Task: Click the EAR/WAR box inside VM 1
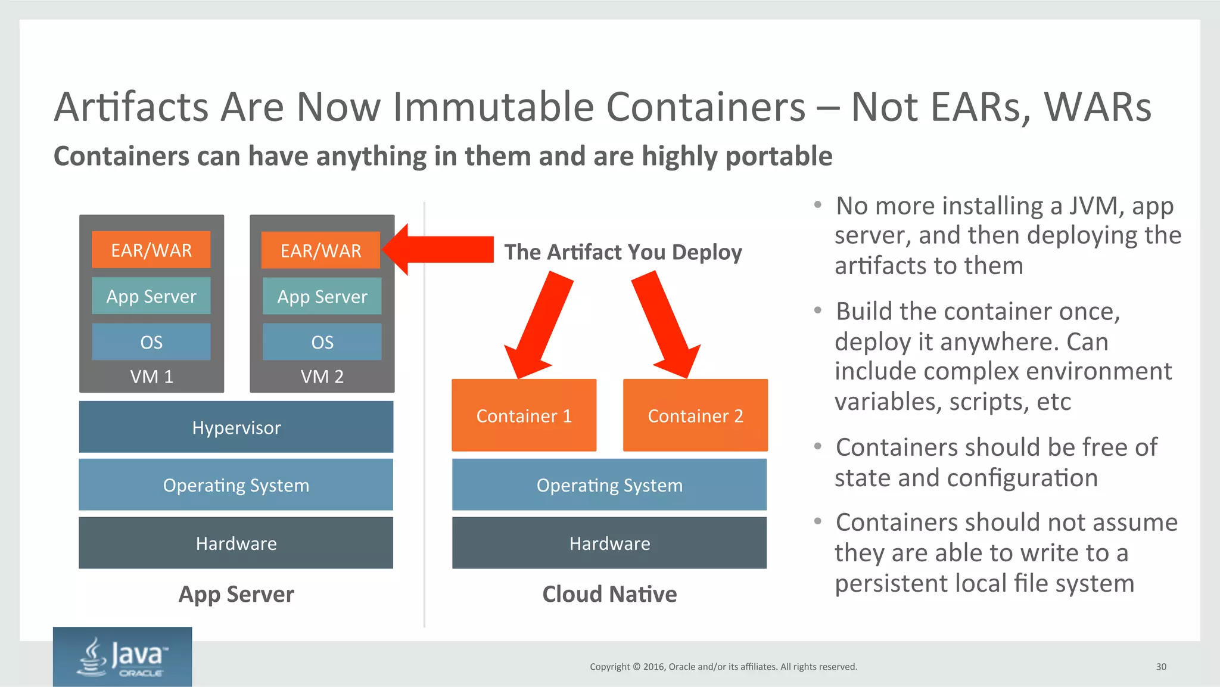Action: [151, 250]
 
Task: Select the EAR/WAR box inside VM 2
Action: [321, 250]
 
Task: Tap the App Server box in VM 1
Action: [151, 296]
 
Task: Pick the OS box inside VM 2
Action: [322, 342]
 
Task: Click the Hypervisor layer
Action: [236, 427]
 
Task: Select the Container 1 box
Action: [524, 415]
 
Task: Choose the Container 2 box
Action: [695, 415]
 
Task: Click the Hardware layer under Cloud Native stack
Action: [609, 543]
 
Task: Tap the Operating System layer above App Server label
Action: [236, 485]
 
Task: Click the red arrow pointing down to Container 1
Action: [540, 325]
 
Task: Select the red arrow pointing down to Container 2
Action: [667, 325]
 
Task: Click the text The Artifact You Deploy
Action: [623, 252]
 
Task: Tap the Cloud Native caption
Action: [609, 594]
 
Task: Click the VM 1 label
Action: [151, 377]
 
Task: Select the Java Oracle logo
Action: [122, 657]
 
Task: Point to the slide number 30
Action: [1161, 667]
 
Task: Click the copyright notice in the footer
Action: [723, 667]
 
